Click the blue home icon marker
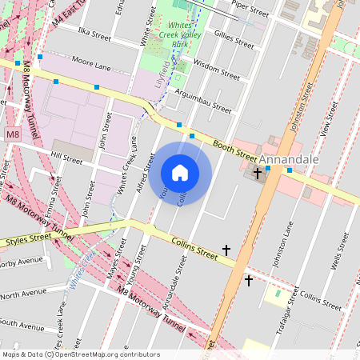180,173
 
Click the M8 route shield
12,134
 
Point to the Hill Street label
66,160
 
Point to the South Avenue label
21,326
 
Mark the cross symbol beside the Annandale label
257,173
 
